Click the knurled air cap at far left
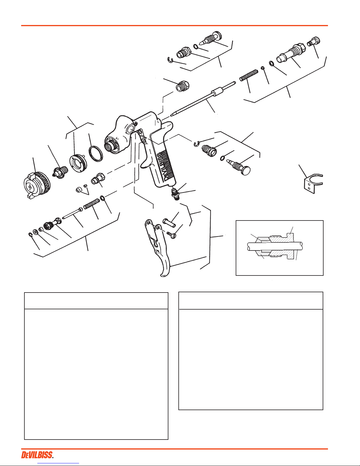[37, 186]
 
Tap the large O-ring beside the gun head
[96, 153]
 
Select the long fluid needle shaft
[203, 99]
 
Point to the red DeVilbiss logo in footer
[37, 455]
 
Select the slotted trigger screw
[171, 235]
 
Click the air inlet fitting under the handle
[175, 194]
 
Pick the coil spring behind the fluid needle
[249, 75]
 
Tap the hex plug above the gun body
[183, 86]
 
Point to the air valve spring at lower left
[91, 204]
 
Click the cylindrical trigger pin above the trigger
[169, 223]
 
